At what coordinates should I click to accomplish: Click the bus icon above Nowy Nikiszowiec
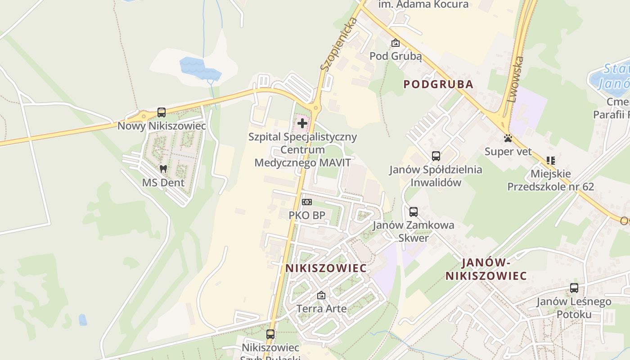click(161, 112)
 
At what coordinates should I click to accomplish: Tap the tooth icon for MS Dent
click(163, 169)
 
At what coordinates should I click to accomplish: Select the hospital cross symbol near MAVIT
click(302, 123)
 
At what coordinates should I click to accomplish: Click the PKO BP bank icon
click(306, 202)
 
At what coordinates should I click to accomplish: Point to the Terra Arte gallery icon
click(321, 296)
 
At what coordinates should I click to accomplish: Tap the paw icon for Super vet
click(508, 138)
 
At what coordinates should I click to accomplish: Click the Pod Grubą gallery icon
click(395, 43)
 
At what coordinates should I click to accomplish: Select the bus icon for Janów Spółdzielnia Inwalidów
click(436, 156)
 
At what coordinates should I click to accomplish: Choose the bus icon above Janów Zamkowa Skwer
click(413, 211)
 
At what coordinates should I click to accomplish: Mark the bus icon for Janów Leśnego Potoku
click(574, 288)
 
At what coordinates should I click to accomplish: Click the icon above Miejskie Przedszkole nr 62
click(550, 161)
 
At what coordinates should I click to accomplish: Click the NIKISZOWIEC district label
click(326, 268)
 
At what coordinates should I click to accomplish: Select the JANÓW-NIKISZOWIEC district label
click(486, 269)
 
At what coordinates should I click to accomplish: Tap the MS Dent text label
click(163, 183)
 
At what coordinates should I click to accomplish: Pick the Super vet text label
click(508, 152)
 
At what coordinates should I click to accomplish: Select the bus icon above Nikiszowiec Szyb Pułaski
click(270, 334)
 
